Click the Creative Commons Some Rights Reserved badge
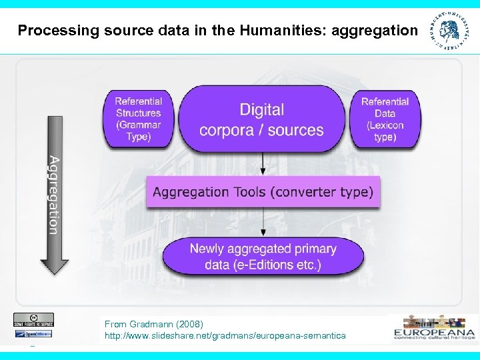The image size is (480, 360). (33, 319)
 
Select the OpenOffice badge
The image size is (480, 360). (33, 333)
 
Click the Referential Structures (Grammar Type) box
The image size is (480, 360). (138, 119)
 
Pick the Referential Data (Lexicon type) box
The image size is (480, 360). (385, 119)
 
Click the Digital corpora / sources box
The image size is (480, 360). (261, 119)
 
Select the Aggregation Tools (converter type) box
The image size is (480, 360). (263, 192)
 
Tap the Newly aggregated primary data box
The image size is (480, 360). (263, 257)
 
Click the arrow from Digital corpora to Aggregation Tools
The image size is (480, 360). (263, 163)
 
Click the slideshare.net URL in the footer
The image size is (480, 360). (225, 335)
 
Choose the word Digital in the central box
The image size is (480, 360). (261, 110)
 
